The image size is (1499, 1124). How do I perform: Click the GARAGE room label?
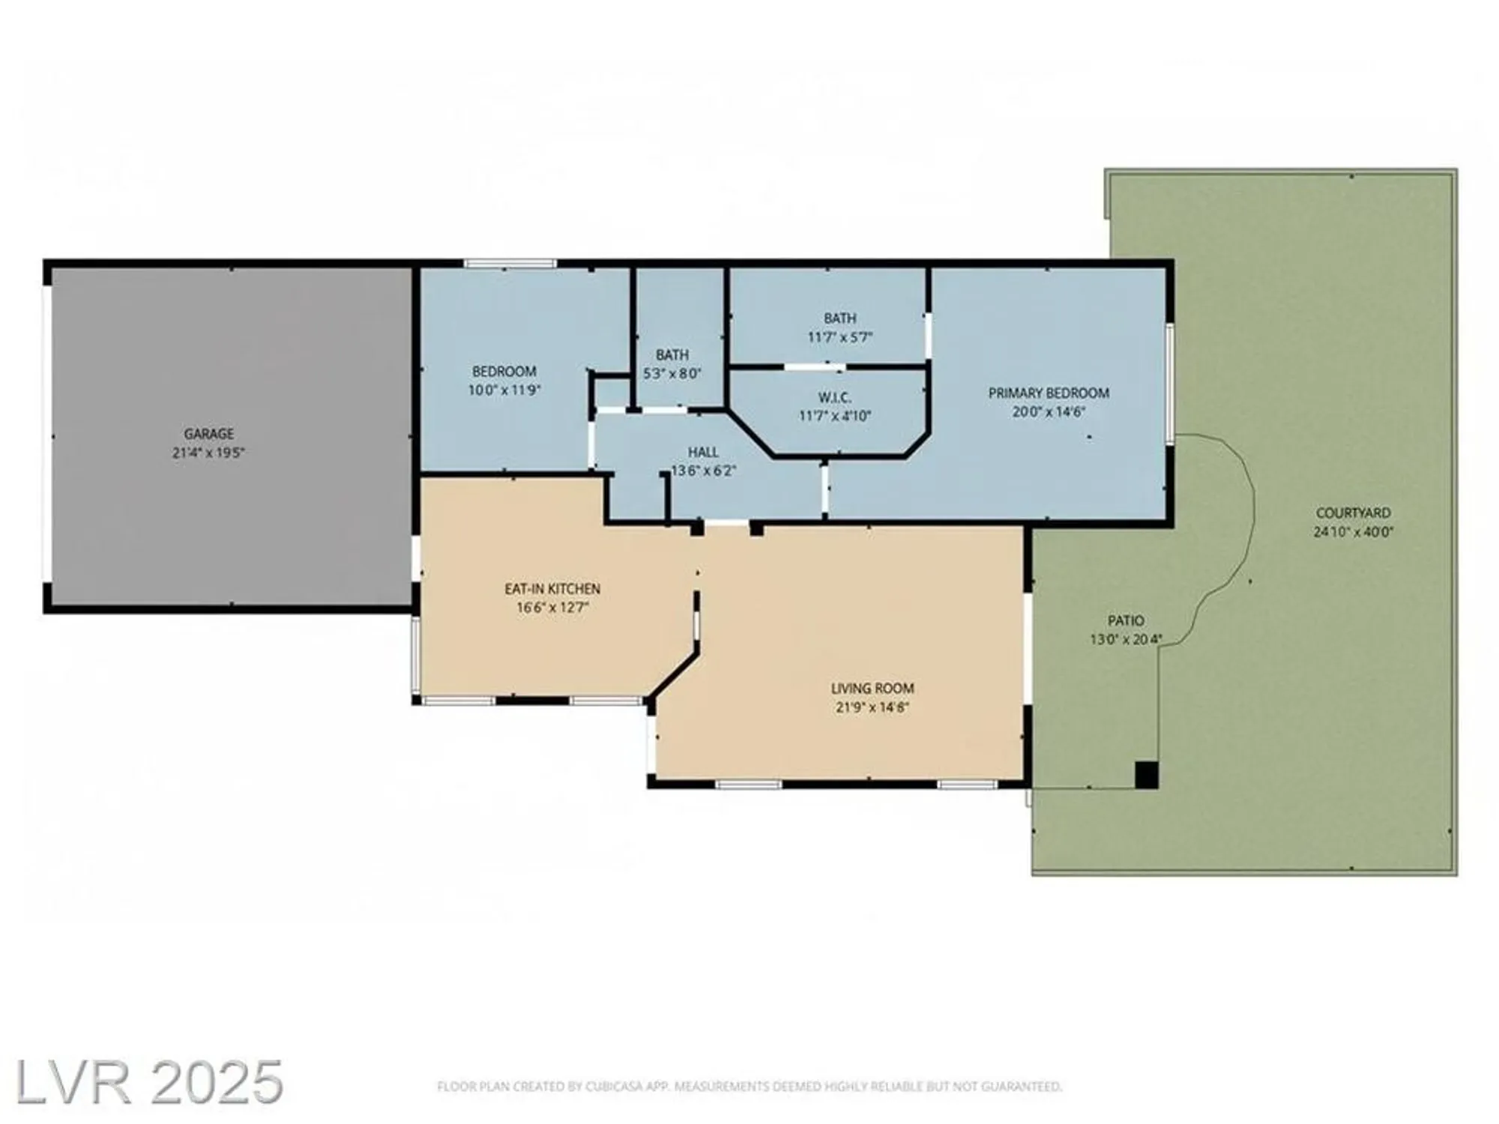click(209, 433)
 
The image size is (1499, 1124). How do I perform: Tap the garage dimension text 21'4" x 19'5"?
click(209, 453)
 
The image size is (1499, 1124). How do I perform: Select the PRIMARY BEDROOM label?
click(1048, 393)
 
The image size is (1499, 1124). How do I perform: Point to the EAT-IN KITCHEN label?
click(552, 589)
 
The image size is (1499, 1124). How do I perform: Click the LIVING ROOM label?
click(872, 688)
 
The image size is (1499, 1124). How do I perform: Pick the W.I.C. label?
click(834, 397)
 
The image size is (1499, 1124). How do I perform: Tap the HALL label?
click(703, 452)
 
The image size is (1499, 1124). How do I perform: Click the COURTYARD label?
click(1353, 513)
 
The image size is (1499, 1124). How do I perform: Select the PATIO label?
click(1126, 620)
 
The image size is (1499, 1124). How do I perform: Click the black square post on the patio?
click(1146, 775)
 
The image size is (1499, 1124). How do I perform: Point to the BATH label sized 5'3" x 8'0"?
click(672, 354)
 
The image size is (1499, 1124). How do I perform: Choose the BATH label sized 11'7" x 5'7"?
click(839, 318)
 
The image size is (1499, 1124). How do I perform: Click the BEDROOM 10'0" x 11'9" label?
click(504, 372)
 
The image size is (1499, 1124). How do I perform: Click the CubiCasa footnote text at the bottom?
click(749, 1087)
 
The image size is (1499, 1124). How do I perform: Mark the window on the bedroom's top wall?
click(510, 264)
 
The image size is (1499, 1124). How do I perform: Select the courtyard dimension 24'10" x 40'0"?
click(1353, 532)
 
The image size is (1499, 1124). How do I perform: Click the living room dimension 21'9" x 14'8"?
click(872, 707)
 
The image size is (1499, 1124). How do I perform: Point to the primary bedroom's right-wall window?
click(1169, 384)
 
